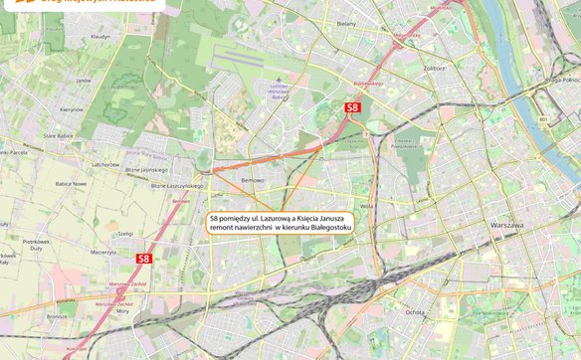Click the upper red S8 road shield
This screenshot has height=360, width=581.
coord(352,106)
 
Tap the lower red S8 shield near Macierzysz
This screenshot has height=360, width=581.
coord(143,258)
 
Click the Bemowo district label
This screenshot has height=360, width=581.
coord(253,180)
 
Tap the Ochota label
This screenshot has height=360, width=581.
coord(414,311)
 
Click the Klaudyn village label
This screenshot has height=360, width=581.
coord(100,36)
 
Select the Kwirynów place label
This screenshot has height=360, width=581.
coord(71,109)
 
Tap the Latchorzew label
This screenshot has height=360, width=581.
coord(104,164)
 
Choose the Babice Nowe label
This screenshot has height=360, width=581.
coord(71,183)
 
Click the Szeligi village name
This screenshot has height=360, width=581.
coord(125,233)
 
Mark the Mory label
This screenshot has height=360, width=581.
coord(122,310)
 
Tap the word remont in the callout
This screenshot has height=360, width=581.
coord(223,229)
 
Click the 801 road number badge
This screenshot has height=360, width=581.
coord(543,119)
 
